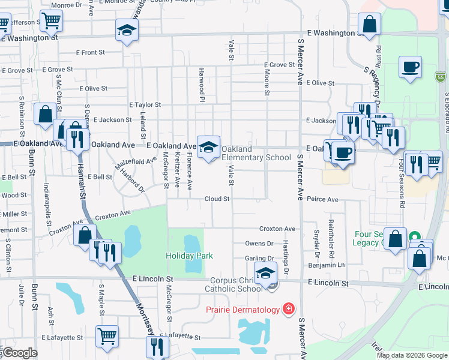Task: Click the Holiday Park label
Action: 189,256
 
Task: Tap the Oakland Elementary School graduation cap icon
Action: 208,146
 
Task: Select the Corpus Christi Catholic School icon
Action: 265,273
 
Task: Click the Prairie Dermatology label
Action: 243,310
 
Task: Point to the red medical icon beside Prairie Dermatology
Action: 289,309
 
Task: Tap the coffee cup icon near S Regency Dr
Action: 410,67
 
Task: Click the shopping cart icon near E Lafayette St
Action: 107,336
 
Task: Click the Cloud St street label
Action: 217,199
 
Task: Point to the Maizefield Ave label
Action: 136,161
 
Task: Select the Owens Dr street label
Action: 259,244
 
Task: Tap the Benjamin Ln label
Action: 327,265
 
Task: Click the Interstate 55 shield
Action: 441,77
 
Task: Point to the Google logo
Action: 20,353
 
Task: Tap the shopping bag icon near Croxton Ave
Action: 85,235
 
